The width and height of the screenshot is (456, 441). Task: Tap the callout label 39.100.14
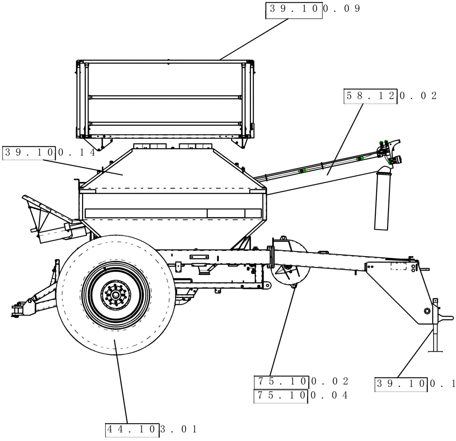coord(49,153)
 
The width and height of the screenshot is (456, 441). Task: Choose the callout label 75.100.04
coord(301,396)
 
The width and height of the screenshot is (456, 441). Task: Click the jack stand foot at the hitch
coord(435,351)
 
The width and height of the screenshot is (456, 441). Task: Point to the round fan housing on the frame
coord(290,267)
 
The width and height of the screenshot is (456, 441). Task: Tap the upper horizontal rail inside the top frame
coord(165,97)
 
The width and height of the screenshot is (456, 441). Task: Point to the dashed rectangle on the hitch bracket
coord(398,266)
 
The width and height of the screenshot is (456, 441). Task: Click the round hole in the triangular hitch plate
coord(427,311)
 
